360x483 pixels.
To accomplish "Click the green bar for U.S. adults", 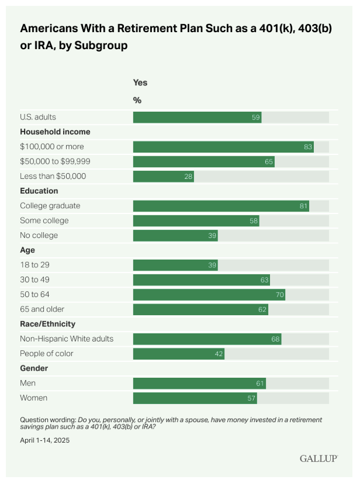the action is (198, 118).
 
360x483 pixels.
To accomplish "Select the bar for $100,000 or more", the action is (224, 147).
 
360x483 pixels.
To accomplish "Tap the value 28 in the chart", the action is (188, 177).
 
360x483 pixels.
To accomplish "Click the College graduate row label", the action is (50, 206).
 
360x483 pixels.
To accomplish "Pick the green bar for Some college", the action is (196, 221).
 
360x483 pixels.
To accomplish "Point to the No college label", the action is (39, 235).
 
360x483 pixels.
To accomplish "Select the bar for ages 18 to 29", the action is (175, 265).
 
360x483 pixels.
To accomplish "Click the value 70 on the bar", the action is (279, 295).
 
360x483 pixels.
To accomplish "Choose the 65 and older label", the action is (42, 309).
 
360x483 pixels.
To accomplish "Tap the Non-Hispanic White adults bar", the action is (207, 339).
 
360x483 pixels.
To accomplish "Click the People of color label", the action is (47, 354).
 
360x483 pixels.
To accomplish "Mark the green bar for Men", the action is (199, 384).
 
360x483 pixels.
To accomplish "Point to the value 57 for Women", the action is (251, 398).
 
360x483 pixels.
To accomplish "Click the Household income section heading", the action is (55, 132).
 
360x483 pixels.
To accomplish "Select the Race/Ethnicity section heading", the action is (48, 324).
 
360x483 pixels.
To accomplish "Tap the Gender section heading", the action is (34, 368).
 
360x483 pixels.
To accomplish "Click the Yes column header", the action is (140, 82).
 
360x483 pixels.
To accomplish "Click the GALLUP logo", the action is (319, 458).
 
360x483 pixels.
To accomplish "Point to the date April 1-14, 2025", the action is (45, 440).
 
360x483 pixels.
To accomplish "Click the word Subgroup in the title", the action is (101, 46).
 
